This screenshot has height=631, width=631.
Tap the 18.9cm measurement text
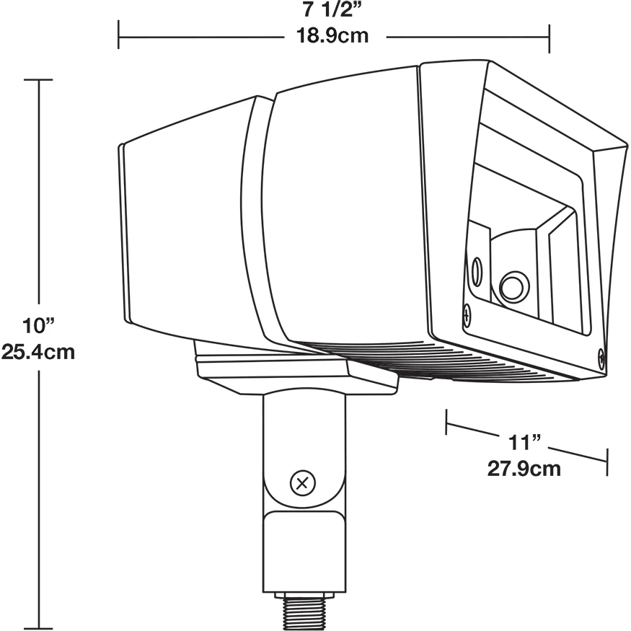[332, 35]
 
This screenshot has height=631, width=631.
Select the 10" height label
[37, 325]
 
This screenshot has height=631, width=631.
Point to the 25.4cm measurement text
[37, 352]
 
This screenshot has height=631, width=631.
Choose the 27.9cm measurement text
[524, 469]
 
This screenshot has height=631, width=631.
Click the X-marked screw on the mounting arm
[303, 482]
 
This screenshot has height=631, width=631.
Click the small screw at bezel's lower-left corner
[467, 314]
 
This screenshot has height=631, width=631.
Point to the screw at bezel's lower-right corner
[601, 358]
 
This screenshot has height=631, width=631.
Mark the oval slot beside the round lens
[477, 272]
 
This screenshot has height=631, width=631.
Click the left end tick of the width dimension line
[118, 35]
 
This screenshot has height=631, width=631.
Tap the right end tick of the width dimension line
[550, 38]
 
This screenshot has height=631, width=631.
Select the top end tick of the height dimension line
[38, 79]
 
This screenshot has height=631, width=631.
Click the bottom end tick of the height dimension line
[38, 629]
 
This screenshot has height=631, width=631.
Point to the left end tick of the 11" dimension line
[446, 422]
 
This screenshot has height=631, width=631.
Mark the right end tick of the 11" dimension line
[607, 462]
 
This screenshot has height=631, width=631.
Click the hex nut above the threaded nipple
[304, 595]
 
